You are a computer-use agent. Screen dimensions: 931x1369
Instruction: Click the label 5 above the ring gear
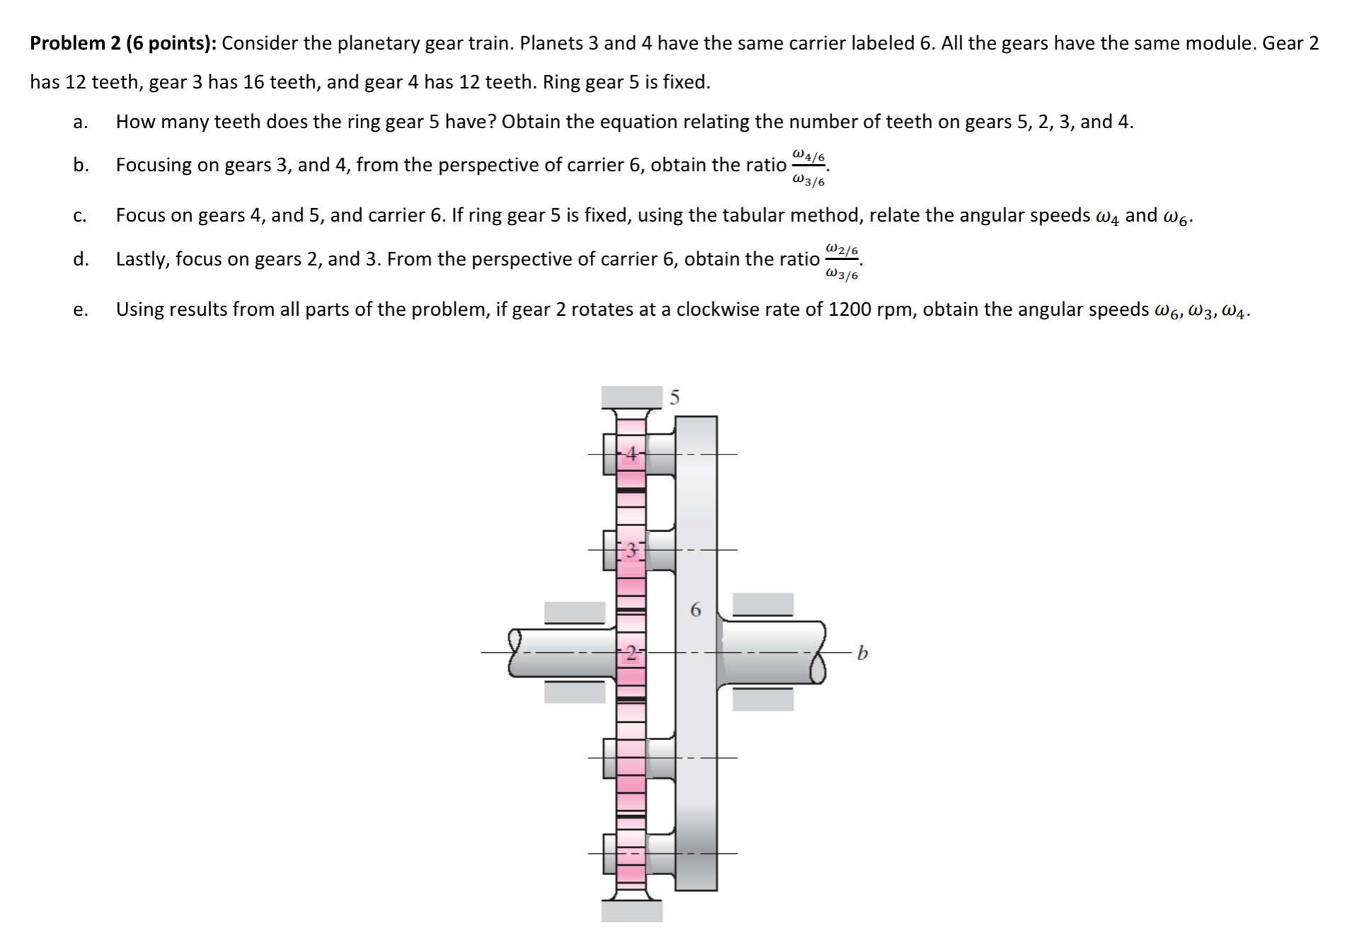click(x=674, y=398)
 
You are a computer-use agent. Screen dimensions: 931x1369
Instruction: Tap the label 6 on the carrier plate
click(x=695, y=610)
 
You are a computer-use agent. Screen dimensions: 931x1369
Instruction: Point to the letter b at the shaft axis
click(x=862, y=652)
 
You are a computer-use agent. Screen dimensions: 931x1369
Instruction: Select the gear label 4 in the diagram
click(x=632, y=454)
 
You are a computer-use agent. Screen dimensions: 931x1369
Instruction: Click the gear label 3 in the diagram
click(x=632, y=550)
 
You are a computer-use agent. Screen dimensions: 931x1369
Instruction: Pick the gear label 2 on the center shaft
click(x=632, y=652)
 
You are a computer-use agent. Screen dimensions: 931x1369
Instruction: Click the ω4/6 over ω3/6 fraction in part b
click(x=808, y=168)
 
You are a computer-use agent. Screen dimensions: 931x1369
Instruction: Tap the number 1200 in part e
click(x=849, y=310)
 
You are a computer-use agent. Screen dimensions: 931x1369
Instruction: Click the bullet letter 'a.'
click(x=80, y=122)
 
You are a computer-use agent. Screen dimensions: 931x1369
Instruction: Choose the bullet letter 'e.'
click(x=80, y=310)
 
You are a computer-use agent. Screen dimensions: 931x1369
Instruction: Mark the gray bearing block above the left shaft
click(x=574, y=612)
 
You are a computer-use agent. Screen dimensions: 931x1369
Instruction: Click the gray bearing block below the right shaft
click(x=763, y=699)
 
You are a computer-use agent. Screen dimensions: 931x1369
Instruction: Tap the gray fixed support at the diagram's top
click(x=631, y=396)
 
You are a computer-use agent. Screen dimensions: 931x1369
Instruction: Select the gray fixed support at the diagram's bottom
click(x=631, y=911)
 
